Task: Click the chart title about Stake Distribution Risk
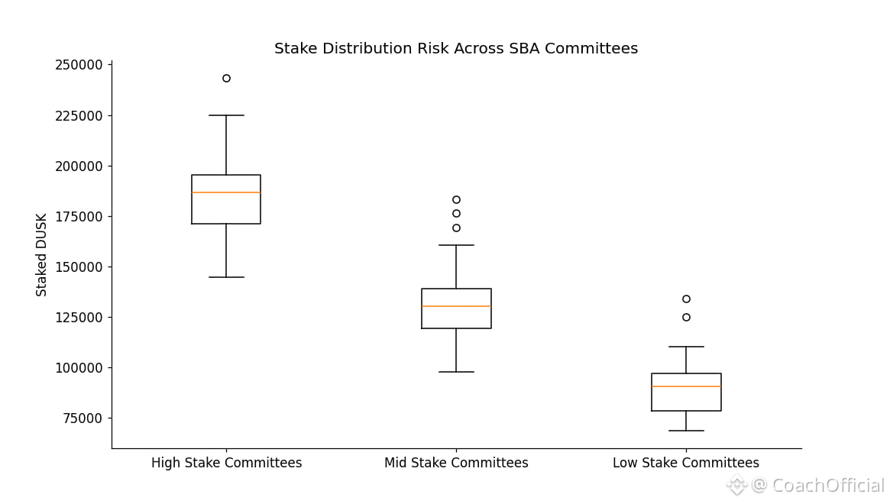[x=456, y=49]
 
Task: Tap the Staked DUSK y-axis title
[x=42, y=254]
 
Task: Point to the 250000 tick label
[x=79, y=66]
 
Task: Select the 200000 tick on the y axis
[x=79, y=166]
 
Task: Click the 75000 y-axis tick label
[x=82, y=418]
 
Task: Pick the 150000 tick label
[x=79, y=267]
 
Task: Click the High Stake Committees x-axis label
[x=226, y=464]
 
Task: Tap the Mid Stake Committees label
[x=456, y=464]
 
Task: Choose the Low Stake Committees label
[x=686, y=464]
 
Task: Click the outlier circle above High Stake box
[x=226, y=78]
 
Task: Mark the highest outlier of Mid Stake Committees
[x=456, y=199]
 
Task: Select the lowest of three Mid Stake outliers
[x=456, y=228]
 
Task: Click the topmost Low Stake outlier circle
[x=686, y=299]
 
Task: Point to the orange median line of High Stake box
[x=226, y=192]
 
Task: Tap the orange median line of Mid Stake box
[x=456, y=306]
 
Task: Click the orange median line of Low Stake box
[x=686, y=386]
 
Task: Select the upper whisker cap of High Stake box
[x=226, y=115]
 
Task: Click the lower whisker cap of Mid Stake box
[x=456, y=372]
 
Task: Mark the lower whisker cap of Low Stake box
[x=686, y=431]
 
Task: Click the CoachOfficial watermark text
[x=828, y=486]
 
